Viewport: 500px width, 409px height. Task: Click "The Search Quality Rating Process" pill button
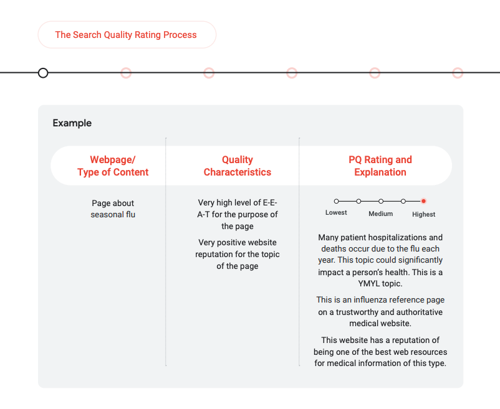(126, 35)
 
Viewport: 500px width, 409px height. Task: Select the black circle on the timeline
(43, 73)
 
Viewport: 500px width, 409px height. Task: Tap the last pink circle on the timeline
(458, 73)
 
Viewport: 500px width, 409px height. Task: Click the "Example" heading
(72, 123)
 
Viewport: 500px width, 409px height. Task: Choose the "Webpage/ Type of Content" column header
(113, 166)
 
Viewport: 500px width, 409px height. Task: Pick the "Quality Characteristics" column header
(238, 166)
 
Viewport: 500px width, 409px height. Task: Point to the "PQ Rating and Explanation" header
(380, 166)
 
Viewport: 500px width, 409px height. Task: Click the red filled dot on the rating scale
(423, 201)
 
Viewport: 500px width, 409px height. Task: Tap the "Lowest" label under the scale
(336, 214)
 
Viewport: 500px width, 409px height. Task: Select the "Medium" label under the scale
(380, 214)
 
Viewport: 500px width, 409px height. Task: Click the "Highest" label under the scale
(424, 214)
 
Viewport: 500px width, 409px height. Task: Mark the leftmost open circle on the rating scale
(337, 201)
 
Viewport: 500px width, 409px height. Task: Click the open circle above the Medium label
(381, 201)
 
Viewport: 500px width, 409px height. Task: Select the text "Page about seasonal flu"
(113, 209)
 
